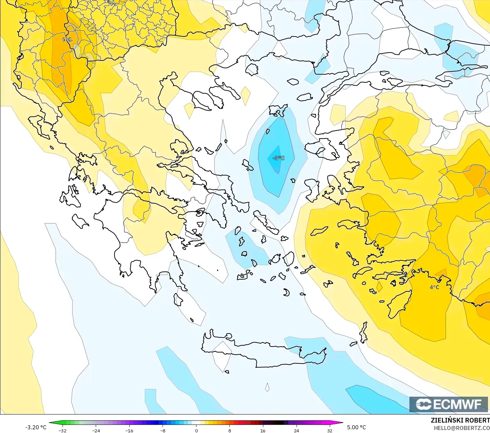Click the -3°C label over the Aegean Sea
[278, 158]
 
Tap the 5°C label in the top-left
[67, 39]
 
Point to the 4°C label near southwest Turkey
[434, 287]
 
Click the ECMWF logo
[448, 404]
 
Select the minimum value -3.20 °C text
[36, 427]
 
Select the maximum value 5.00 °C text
[356, 427]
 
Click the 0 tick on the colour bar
[196, 430]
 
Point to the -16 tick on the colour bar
[129, 430]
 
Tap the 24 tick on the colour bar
[296, 430]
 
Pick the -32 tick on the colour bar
[62, 430]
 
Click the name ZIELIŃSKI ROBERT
[460, 420]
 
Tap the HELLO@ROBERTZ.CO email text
[461, 428]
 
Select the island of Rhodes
[400, 304]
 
